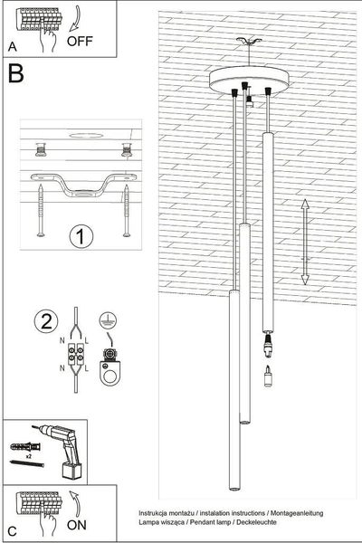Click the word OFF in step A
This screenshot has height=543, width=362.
click(80, 40)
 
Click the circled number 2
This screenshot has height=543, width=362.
click(43, 321)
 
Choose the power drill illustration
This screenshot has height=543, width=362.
click(61, 452)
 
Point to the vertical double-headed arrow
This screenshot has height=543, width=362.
click(305, 239)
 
